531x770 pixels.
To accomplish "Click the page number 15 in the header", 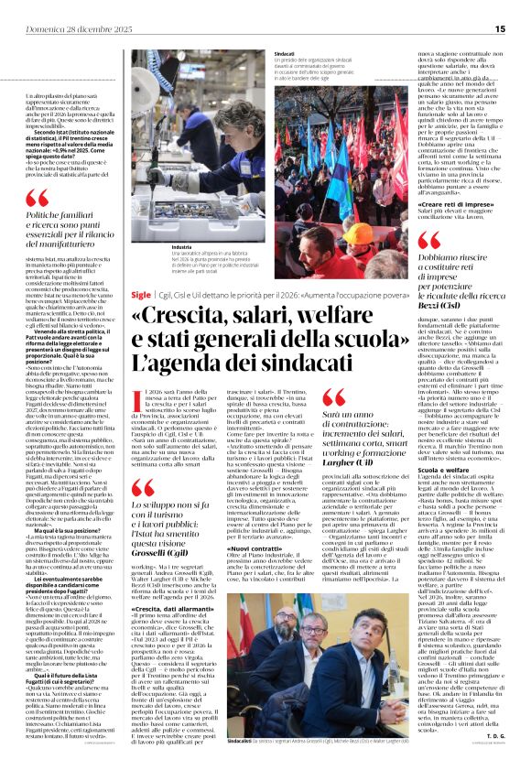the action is pos(500,28).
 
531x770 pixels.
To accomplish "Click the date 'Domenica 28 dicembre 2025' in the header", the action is pos(66,28).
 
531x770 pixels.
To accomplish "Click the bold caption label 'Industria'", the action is pos(157,247).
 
